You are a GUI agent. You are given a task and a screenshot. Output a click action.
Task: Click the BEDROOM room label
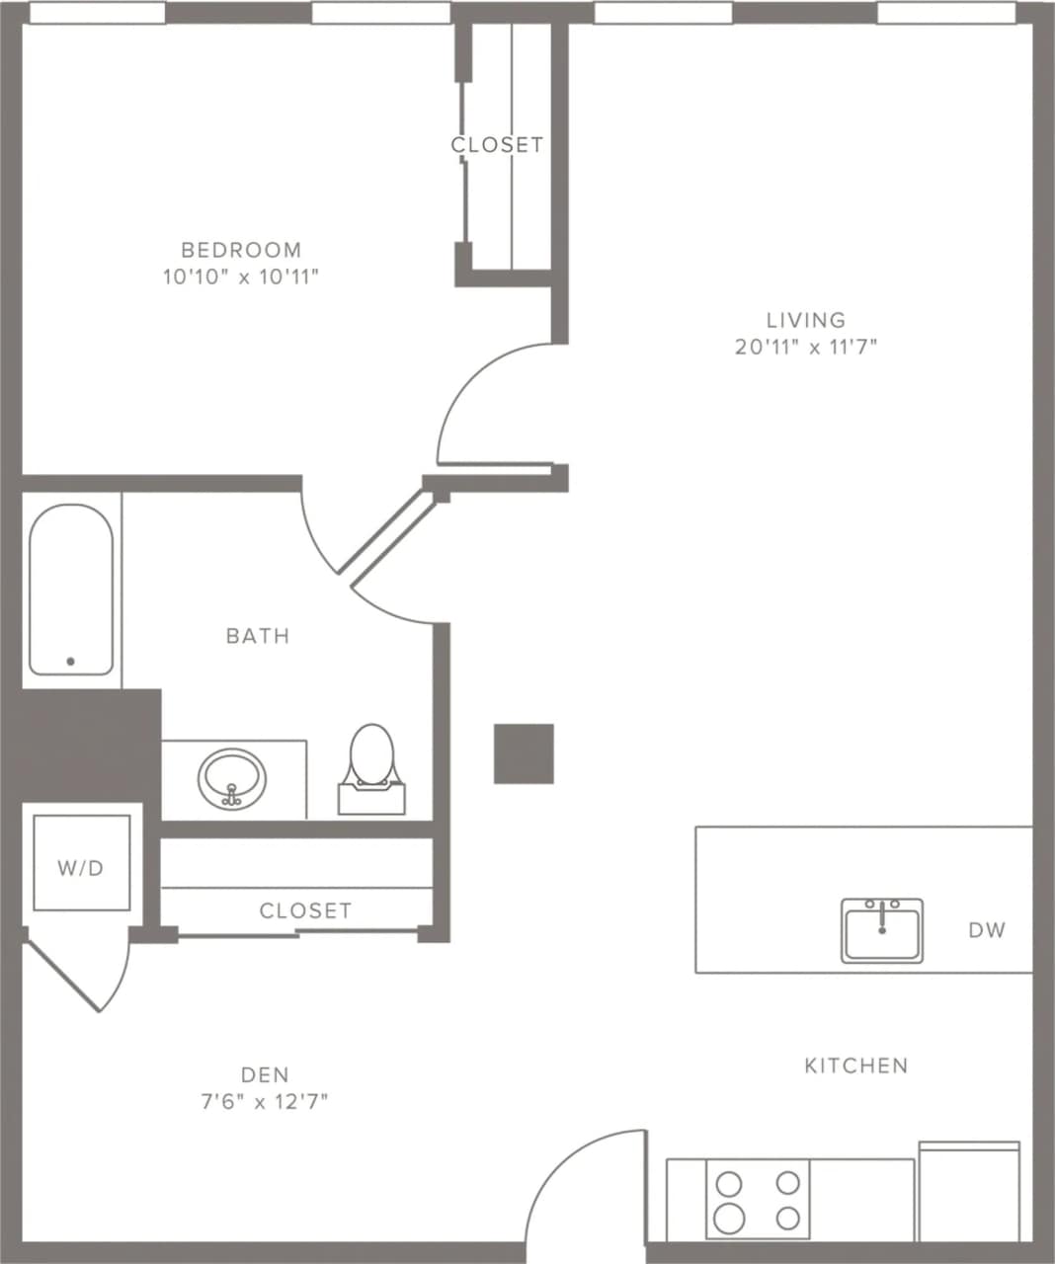click(241, 250)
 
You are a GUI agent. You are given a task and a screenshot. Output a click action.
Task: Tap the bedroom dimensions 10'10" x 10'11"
click(241, 276)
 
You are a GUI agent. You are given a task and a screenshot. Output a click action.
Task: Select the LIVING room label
click(806, 320)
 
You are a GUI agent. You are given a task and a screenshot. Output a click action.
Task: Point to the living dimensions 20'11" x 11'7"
click(806, 347)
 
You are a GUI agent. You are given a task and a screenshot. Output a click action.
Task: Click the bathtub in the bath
click(70, 589)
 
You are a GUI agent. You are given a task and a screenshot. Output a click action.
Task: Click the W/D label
click(81, 868)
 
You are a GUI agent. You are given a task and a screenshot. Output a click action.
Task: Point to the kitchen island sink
click(882, 929)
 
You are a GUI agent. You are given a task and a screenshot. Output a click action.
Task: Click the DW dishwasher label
click(987, 929)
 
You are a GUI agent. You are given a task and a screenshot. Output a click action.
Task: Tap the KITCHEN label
click(855, 1066)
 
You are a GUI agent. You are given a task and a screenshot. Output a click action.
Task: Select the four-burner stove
click(758, 1199)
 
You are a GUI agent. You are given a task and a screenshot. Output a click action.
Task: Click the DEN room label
click(265, 1074)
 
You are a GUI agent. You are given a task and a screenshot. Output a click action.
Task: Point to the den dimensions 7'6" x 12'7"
click(265, 1101)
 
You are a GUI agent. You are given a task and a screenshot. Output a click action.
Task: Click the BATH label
click(258, 636)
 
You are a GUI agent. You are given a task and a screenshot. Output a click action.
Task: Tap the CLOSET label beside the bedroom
click(497, 145)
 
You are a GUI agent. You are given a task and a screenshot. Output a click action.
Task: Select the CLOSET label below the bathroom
click(305, 910)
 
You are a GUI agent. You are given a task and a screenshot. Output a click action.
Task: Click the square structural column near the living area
click(524, 753)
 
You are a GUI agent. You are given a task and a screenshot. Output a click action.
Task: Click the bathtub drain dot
click(70, 662)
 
